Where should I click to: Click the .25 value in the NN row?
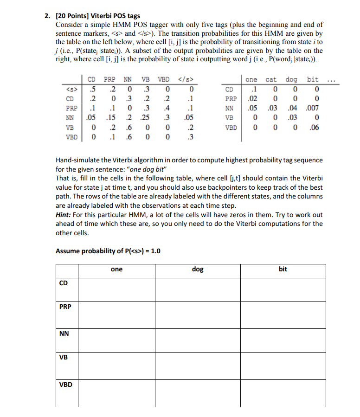[145, 117]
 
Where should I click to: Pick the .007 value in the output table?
[313, 108]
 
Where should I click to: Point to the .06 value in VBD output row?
[314, 126]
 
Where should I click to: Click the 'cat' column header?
[271, 79]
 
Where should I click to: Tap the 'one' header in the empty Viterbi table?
[117, 269]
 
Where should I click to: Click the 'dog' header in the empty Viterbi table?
[198, 269]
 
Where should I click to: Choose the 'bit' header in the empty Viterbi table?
[283, 269]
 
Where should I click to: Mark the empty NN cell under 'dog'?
[198, 340]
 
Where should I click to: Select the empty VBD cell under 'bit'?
[283, 393]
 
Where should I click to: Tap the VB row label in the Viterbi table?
[63, 358]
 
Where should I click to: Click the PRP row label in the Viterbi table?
[65, 307]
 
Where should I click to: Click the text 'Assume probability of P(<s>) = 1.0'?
[108, 251]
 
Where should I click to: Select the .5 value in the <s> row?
[93, 89]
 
